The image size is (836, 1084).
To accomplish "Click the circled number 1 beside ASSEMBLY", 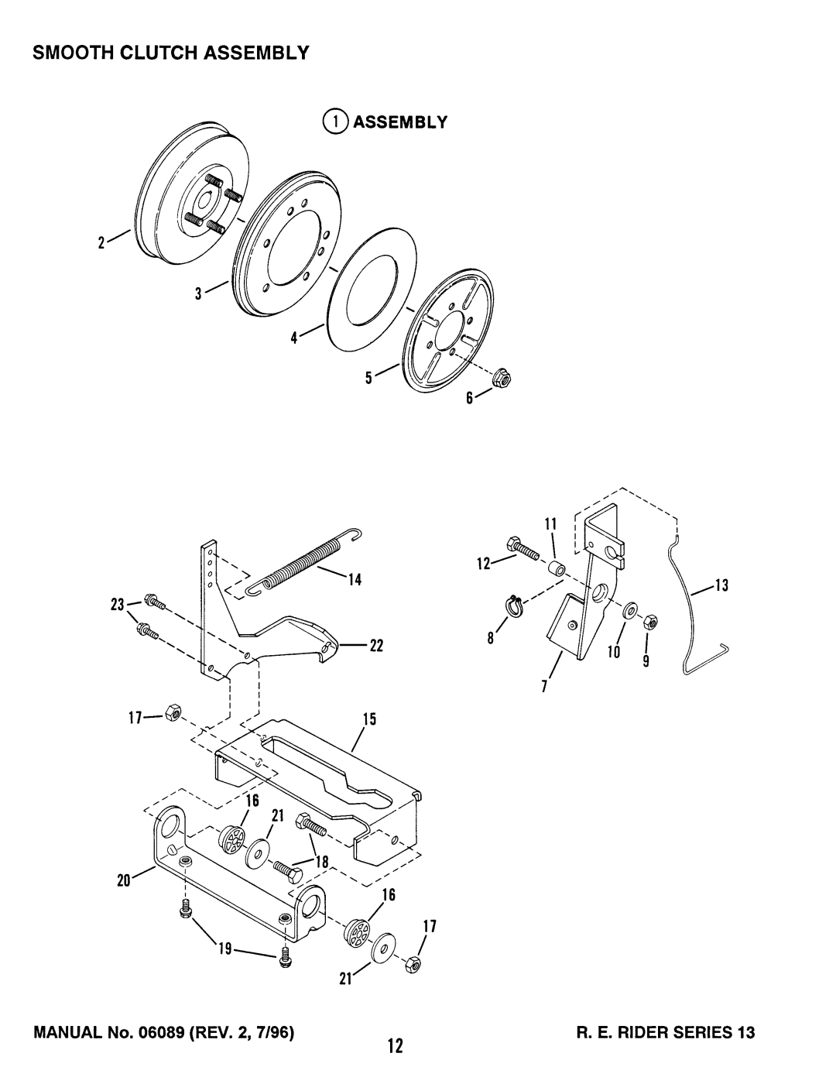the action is tap(334, 122).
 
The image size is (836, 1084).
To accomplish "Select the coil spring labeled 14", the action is tap(303, 561).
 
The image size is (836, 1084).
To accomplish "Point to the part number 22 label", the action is tap(376, 646).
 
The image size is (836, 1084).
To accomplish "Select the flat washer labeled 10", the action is tap(630, 609).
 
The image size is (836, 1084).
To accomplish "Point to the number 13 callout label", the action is tap(722, 585).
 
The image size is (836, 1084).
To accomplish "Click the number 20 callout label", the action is tap(124, 880).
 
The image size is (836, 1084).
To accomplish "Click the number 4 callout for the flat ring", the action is tap(294, 338).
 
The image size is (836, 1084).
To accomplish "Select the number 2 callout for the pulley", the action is tap(101, 243).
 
